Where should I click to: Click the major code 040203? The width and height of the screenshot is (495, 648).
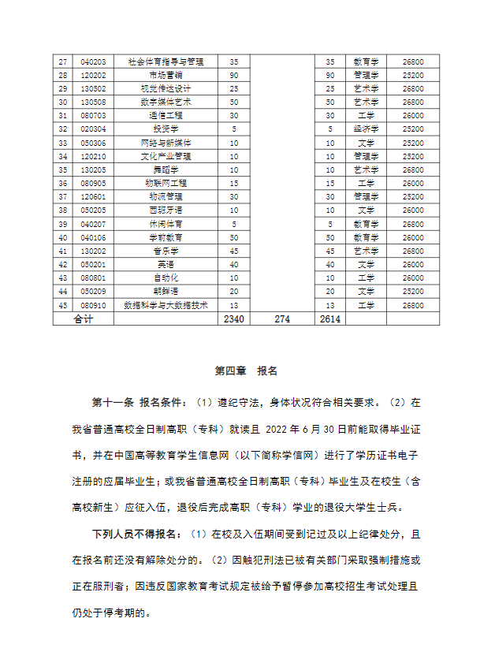94,61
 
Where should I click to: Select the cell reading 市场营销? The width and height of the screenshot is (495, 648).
166,75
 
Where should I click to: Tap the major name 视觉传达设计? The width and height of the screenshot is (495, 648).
166,88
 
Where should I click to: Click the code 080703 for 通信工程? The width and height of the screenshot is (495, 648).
94,115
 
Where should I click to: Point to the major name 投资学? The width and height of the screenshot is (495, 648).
166,128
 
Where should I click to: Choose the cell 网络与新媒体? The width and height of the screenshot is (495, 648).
166,143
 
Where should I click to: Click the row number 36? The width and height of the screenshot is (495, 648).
63,183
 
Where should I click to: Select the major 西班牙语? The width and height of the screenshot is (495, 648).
166,210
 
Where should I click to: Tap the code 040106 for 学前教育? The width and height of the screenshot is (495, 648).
94,237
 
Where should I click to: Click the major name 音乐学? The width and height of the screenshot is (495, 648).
166,251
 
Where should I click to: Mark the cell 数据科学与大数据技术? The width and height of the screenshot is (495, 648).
166,305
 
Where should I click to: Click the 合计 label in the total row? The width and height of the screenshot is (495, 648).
83,318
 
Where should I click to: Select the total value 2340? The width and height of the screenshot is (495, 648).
234,318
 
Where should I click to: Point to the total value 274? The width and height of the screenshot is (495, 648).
282,318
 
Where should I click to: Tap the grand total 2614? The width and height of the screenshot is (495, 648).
331,318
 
